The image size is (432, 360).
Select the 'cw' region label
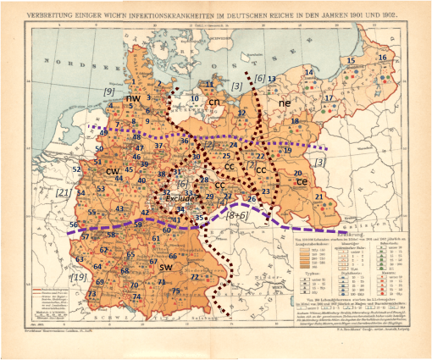coord(112,171)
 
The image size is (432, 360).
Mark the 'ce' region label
coord(302,180)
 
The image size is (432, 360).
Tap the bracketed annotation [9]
coord(108,90)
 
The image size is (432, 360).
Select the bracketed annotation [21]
coord(62,193)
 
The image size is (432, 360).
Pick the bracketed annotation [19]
coord(79,277)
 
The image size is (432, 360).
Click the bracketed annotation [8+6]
coord(238,215)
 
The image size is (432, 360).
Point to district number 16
coord(383,58)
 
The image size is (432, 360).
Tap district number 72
coord(195,277)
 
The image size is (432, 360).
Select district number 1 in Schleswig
coord(134,82)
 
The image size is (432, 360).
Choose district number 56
coord(74,224)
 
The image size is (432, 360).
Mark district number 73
coord(91,294)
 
